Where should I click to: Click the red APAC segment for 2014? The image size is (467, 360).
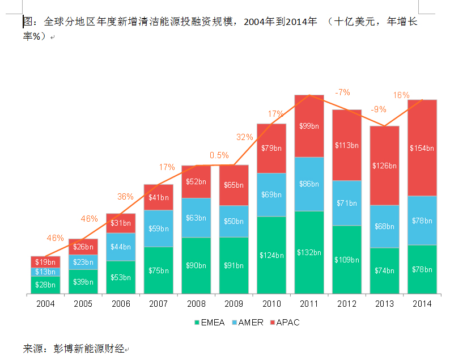coord(422,148)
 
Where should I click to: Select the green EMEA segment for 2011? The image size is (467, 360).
coord(309,252)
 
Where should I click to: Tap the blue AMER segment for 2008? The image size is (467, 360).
coord(196,218)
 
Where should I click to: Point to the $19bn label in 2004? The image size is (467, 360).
coord(45,262)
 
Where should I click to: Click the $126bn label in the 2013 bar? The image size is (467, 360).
coord(384,166)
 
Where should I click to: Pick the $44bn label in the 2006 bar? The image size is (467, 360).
coord(121,247)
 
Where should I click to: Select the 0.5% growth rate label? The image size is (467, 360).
coord(219,155)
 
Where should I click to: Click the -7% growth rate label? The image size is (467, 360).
coord(342,92)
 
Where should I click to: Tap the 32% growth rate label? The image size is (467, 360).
coord(245,137)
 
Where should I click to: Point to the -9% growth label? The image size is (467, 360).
coord(379,109)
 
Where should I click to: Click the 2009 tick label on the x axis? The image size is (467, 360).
coord(234,304)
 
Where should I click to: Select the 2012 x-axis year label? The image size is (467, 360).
coord(347,304)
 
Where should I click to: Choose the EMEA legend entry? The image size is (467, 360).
coord(210,323)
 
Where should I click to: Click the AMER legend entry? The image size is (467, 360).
coord(248,323)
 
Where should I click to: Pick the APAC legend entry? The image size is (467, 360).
coord(285,323)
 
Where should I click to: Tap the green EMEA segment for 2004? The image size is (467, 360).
coord(45,285)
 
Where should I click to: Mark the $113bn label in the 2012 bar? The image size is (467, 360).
coord(347,146)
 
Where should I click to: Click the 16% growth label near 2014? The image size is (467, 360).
coord(401,95)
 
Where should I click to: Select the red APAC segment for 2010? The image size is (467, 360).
coord(271,149)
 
